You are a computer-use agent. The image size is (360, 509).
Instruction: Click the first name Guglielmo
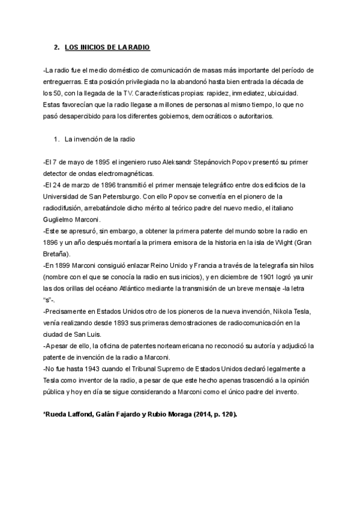(x=59, y=219)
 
